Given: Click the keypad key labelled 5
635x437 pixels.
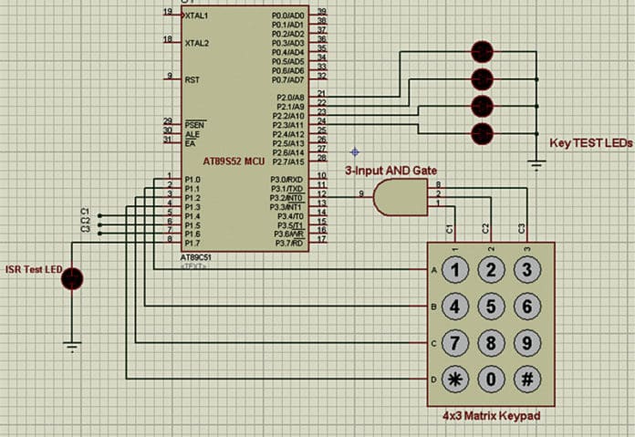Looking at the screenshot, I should click(491, 306).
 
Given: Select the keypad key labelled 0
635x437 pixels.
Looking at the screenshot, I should click(491, 378).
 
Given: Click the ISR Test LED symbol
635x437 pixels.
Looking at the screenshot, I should click(72, 278).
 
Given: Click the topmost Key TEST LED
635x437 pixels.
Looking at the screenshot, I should click(482, 50).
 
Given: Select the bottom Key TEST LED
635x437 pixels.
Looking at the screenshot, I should click(482, 134).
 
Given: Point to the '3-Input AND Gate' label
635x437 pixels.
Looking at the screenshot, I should click(390, 171).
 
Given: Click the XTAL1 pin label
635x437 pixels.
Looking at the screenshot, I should click(196, 16).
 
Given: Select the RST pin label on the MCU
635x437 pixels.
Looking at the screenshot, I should click(192, 78).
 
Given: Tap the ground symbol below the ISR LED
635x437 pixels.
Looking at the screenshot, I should click(72, 345).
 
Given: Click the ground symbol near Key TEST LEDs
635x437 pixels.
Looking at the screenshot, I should click(536, 165).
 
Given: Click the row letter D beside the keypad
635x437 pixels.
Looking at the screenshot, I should click(433, 378).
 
